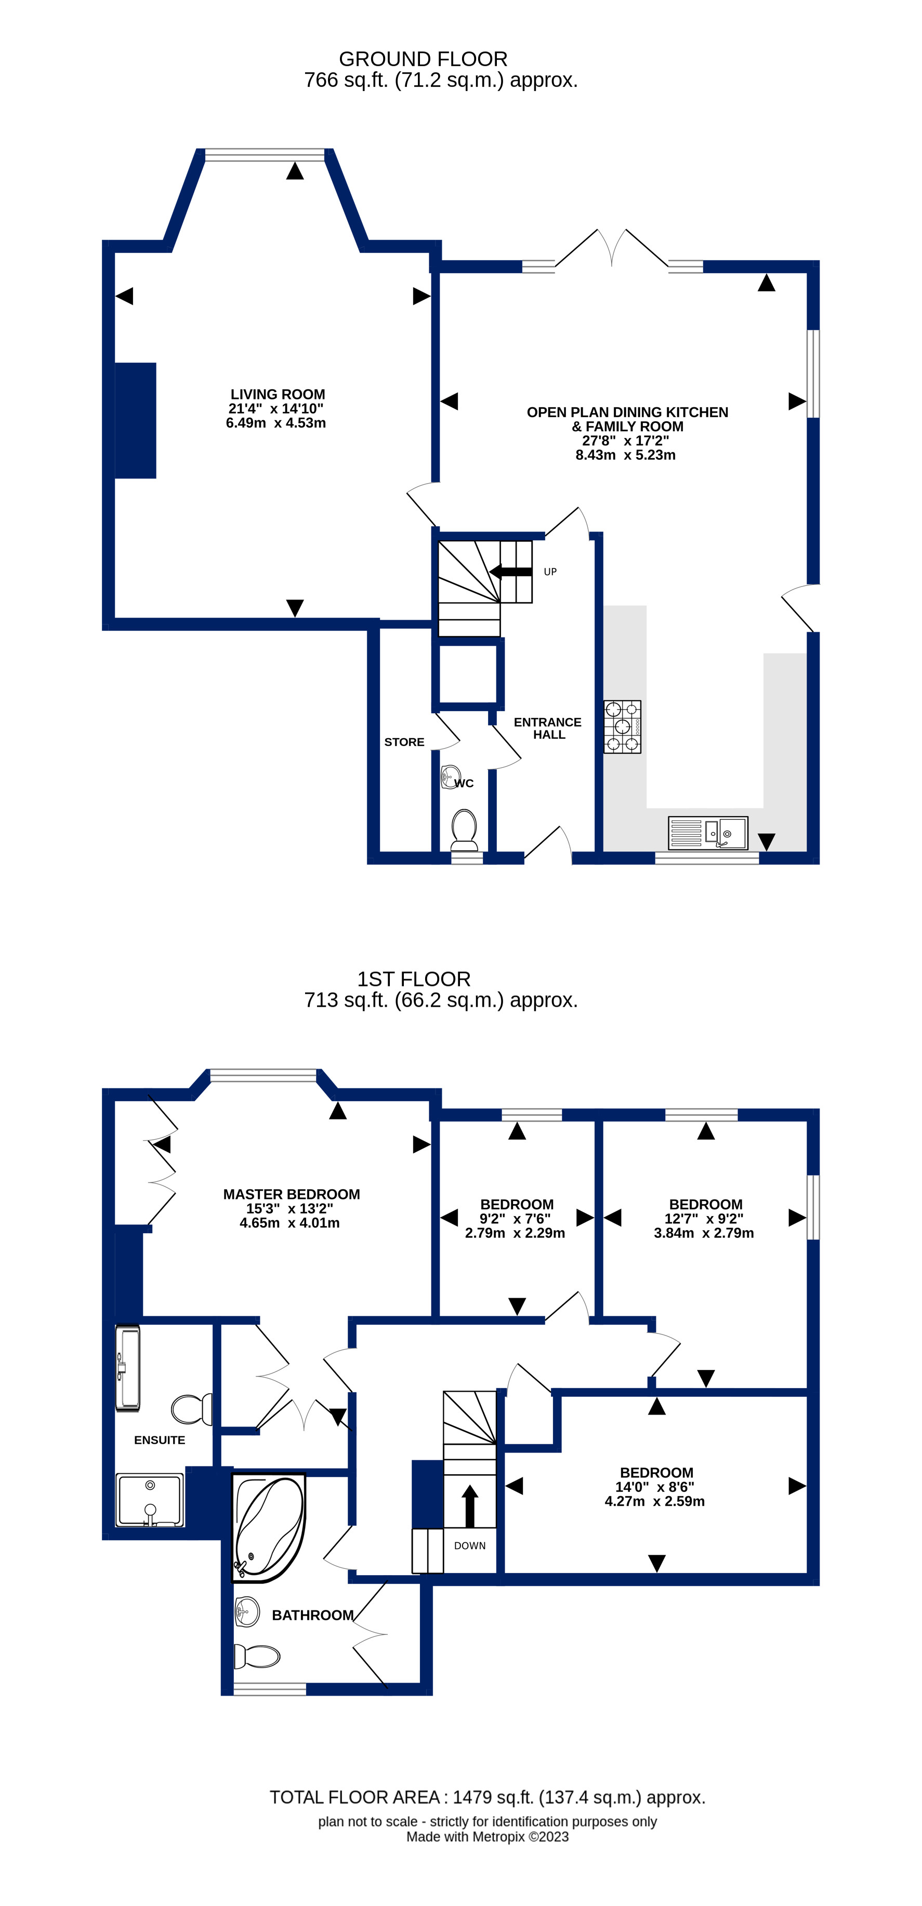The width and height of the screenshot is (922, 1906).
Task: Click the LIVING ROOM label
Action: (278, 394)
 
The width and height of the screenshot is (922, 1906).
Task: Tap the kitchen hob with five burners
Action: (622, 727)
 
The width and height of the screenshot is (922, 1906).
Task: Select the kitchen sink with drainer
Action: (707, 833)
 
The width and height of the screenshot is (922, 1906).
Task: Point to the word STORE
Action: (404, 742)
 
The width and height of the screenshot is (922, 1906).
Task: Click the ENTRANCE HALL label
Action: (548, 728)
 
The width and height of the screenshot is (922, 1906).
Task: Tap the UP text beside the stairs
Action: (550, 572)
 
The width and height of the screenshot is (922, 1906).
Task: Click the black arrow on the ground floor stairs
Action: (510, 571)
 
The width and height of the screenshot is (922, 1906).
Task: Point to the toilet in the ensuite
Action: (192, 1409)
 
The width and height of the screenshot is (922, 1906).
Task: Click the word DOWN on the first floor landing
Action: (470, 1545)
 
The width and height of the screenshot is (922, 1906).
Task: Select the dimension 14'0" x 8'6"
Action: (655, 1487)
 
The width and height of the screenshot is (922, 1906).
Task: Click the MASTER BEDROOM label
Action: (292, 1194)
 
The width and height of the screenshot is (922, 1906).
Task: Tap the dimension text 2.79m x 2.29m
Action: (515, 1233)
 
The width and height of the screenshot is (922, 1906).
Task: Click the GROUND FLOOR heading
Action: (423, 59)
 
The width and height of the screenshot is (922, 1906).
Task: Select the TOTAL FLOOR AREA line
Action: (487, 1797)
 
